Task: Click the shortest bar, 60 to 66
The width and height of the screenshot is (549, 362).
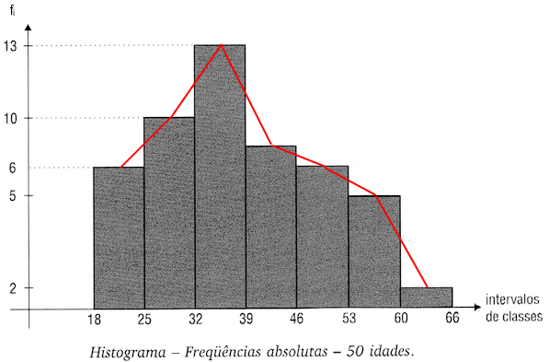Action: tap(427, 298)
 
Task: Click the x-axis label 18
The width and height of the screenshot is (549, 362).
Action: tap(94, 320)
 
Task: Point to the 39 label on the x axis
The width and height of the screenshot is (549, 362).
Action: tap(246, 320)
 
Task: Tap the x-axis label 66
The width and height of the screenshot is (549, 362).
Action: tap(452, 320)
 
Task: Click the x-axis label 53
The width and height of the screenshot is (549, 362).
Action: tap(349, 320)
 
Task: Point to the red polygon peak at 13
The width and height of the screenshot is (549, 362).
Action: tap(221, 45)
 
